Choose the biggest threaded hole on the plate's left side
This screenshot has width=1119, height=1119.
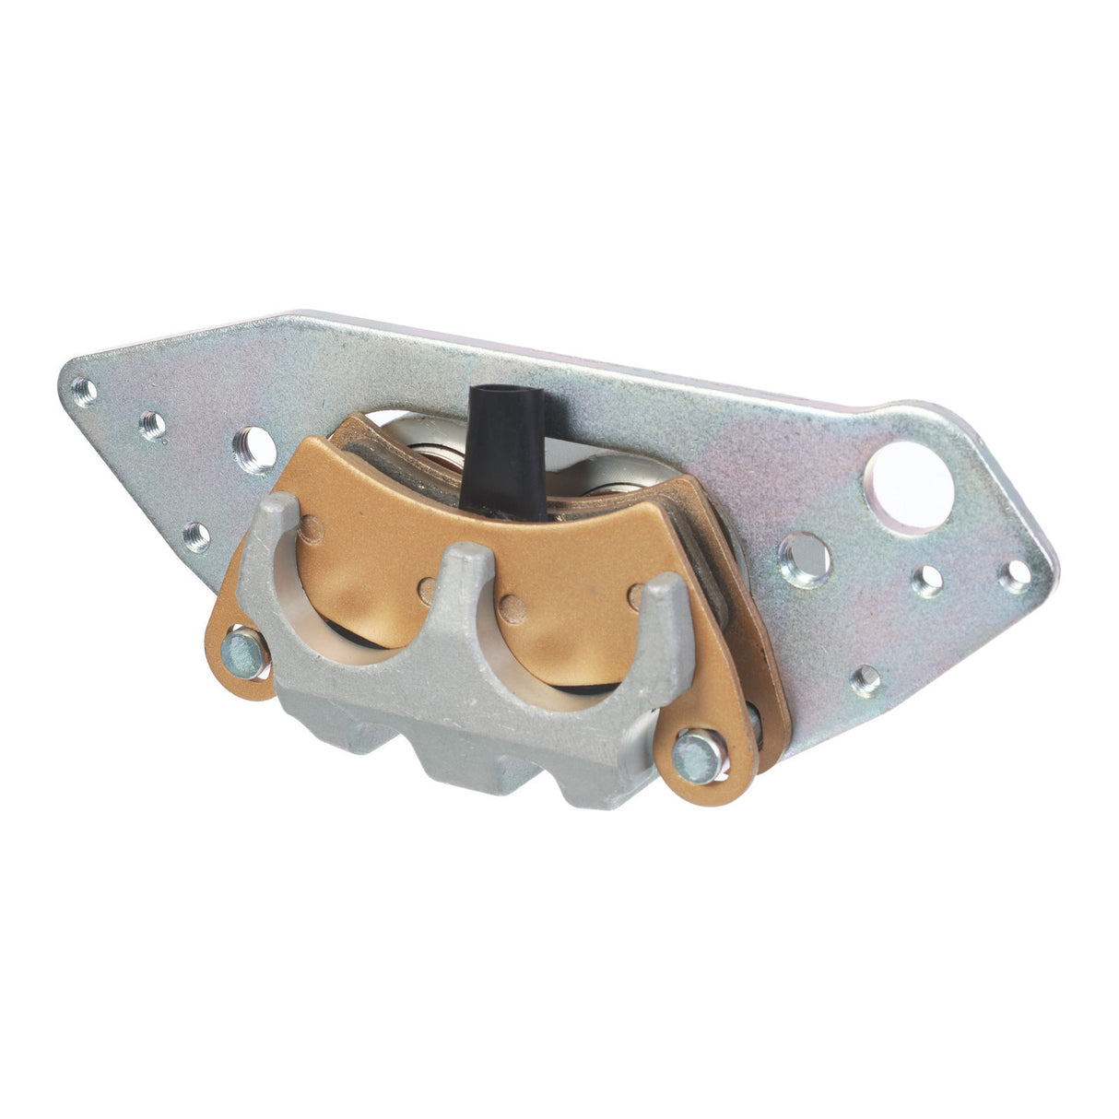(x=253, y=449)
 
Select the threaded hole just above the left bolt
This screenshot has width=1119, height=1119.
(x=196, y=535)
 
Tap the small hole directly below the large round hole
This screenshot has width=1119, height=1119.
(x=927, y=580)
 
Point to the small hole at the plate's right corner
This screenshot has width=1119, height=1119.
(x=1015, y=575)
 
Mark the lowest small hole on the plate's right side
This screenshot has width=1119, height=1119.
(x=866, y=680)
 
